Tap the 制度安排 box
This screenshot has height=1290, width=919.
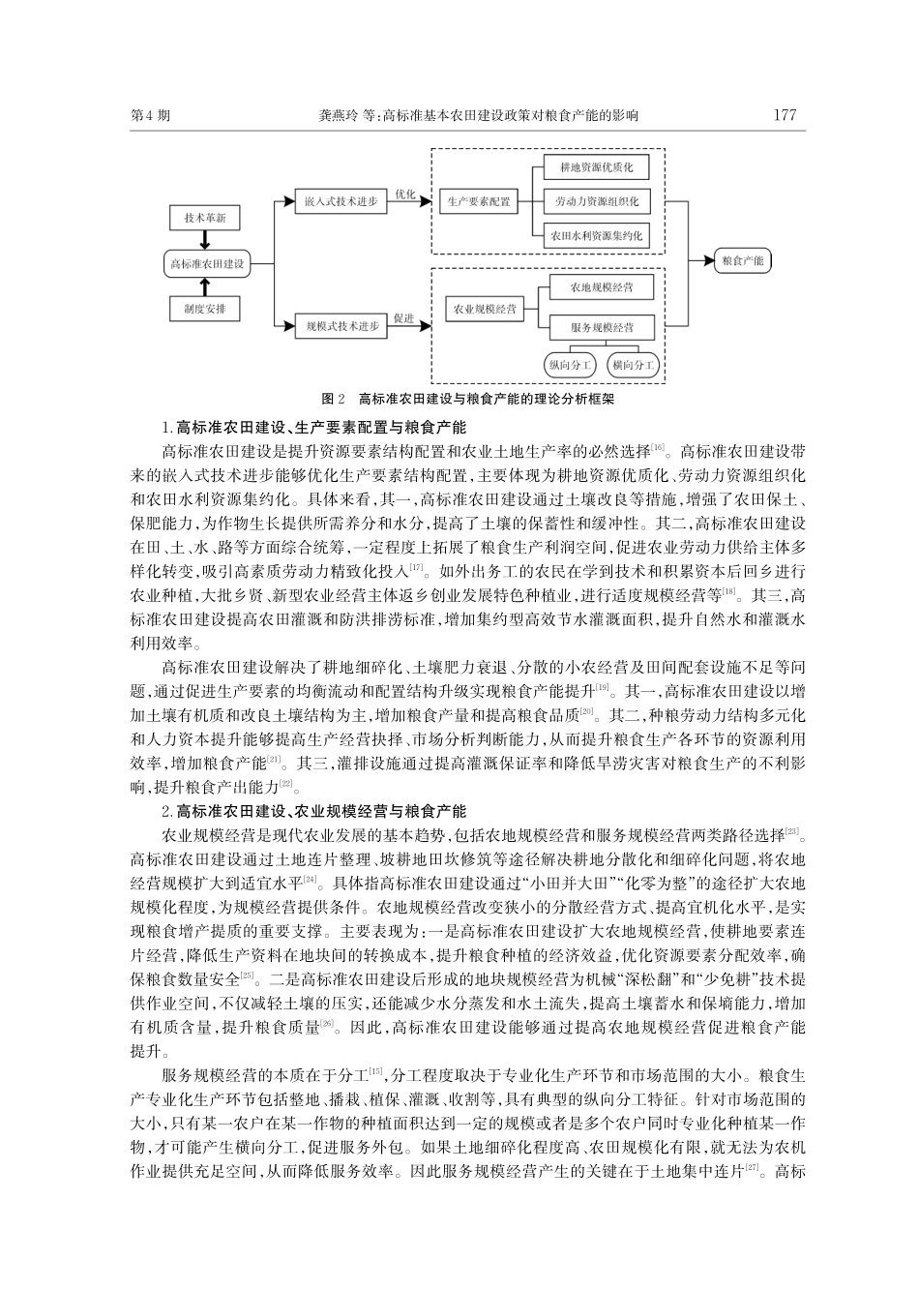coord(204,309)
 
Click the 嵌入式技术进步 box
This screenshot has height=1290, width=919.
coord(341,201)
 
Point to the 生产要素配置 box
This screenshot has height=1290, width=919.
coord(478,201)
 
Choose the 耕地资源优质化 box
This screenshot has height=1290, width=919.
coord(596,167)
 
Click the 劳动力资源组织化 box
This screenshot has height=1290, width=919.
coord(596,201)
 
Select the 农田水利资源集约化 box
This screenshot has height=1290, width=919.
coord(596,235)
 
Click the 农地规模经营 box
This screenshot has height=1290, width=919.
coord(602,287)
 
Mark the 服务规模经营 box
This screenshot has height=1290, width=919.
coord(602,327)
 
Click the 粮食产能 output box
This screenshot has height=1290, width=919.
coord(743,260)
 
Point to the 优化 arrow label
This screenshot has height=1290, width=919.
coord(404,194)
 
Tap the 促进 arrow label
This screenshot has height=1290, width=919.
coord(404,318)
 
